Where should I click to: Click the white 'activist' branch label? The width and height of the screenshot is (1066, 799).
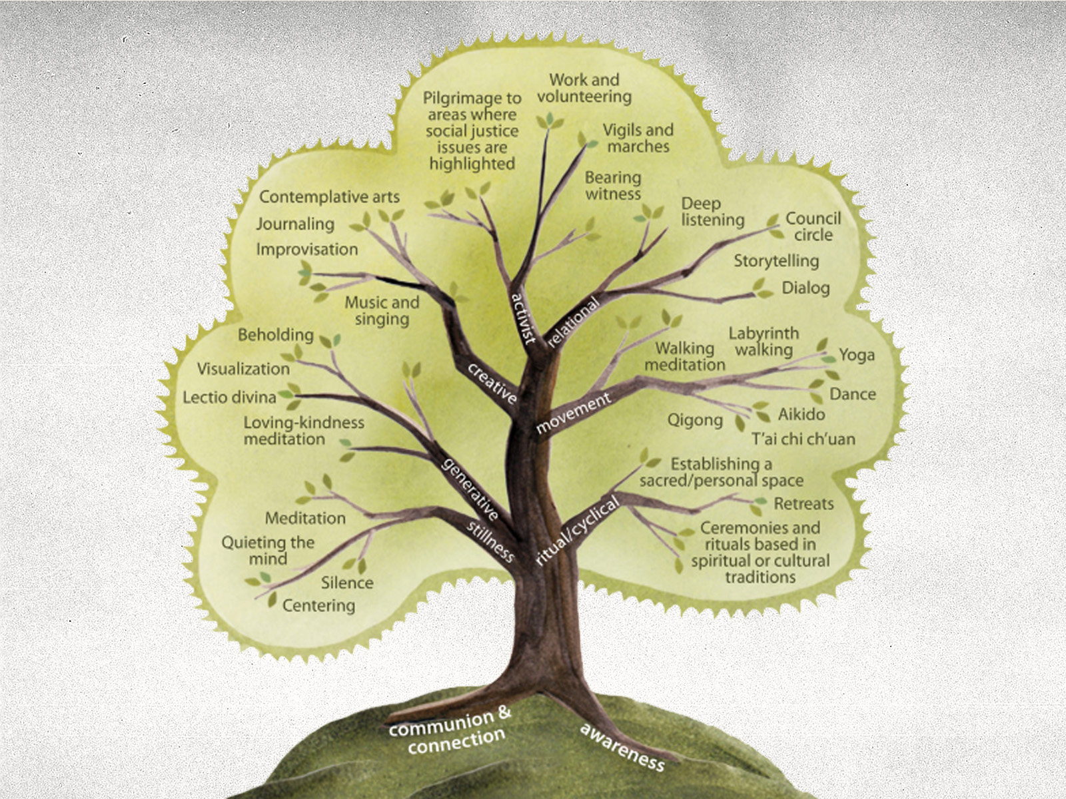[524, 318]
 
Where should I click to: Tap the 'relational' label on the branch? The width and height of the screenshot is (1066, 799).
[573, 322]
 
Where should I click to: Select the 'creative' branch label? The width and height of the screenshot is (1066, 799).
[492, 384]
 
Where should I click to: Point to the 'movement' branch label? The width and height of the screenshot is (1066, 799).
[573, 413]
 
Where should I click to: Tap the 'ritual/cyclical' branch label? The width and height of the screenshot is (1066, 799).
[577, 531]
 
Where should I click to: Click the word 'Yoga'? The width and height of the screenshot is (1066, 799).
[856, 355]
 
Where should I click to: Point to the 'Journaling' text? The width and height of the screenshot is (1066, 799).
[295, 224]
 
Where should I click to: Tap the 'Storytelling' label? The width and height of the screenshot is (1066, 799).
[776, 260]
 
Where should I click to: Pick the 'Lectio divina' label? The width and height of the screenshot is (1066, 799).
[229, 398]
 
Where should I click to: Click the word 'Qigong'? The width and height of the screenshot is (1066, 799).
[695, 420]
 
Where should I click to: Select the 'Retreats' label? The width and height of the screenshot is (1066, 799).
[803, 504]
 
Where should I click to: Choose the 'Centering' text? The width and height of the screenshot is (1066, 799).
[318, 605]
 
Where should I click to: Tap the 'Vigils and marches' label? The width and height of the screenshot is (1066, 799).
[638, 138]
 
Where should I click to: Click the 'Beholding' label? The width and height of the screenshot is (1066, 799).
[276, 334]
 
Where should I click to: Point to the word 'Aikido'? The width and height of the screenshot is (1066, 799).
[801, 414]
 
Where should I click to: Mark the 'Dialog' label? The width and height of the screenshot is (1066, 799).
[805, 288]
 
